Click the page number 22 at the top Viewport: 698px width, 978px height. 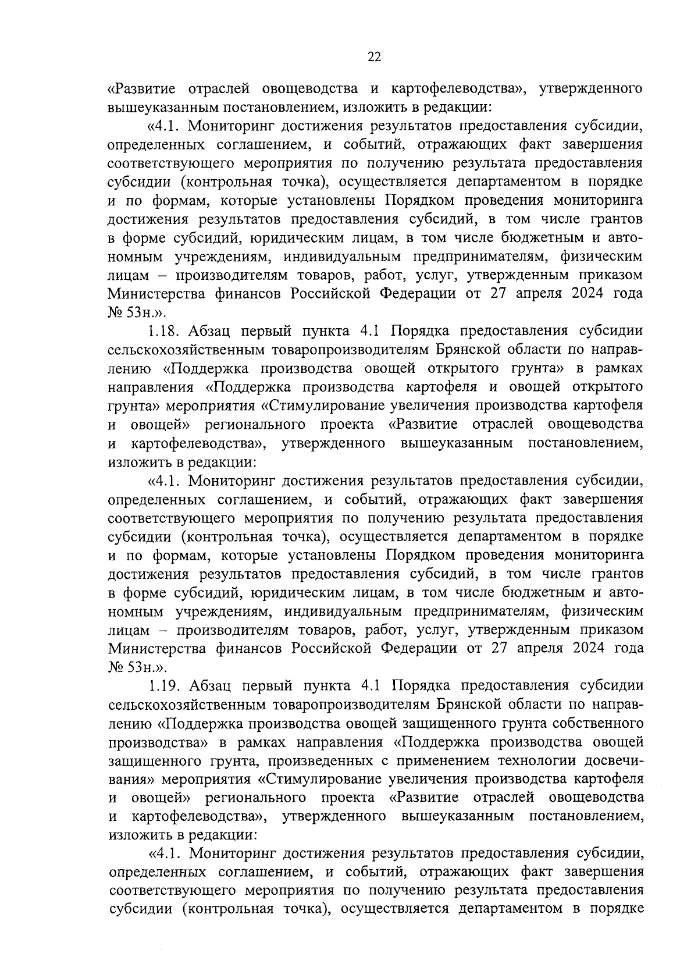click(x=374, y=56)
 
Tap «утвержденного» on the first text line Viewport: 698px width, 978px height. click(x=590, y=89)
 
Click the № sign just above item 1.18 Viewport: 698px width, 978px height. click(x=113, y=312)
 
